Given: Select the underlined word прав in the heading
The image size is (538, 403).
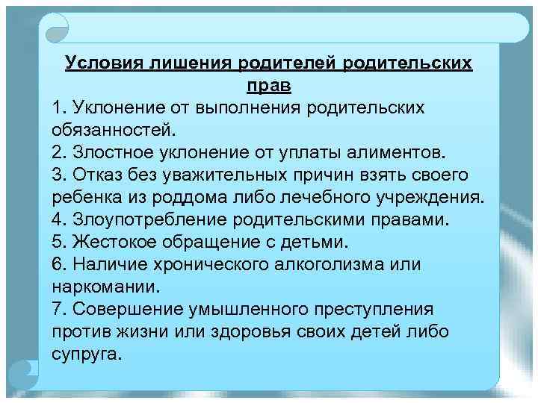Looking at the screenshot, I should (x=269, y=86).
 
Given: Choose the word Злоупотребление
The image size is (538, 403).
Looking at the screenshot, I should (x=149, y=220).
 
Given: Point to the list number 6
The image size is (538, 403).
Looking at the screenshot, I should (x=58, y=265).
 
